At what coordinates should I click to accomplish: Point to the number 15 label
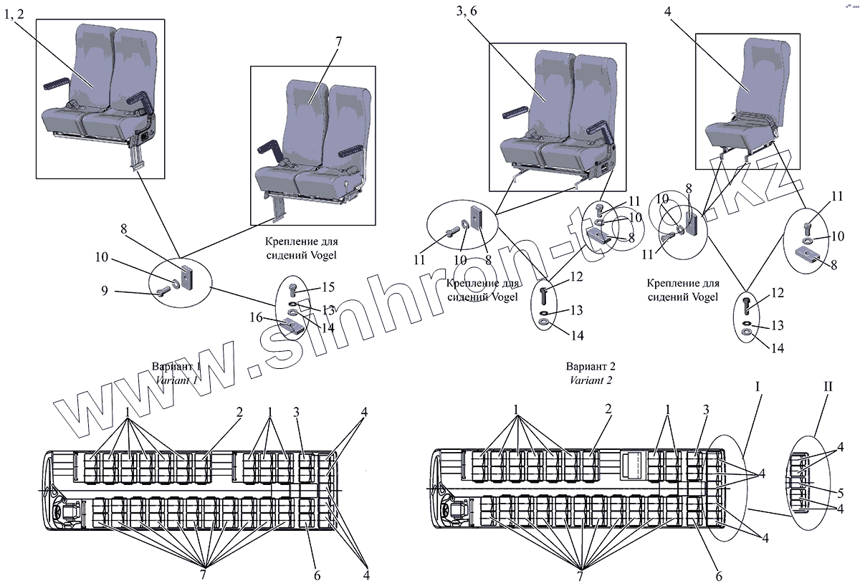pos(328,287)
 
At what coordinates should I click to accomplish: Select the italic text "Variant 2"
pos(591,380)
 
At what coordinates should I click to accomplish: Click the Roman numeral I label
pos(758,387)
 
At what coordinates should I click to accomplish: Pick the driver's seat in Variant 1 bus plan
pos(70,512)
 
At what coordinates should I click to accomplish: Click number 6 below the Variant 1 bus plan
pos(317,575)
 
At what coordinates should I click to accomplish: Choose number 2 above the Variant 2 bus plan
pos(608,409)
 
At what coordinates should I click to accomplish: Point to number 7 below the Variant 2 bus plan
pos(579,575)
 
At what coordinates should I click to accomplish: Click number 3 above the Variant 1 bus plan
pos(296,411)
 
